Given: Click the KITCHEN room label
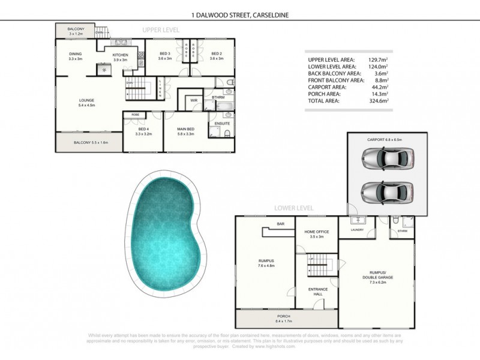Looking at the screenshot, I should click(x=121, y=55).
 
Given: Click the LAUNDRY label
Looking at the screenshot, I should click(x=358, y=229).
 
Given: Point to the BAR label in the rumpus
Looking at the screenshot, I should click(x=280, y=224).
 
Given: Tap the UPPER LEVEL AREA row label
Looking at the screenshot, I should click(x=331, y=60).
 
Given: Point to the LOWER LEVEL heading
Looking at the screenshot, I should click(x=294, y=208).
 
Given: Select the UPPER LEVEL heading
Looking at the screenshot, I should click(x=161, y=29).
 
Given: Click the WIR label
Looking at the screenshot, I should click(x=194, y=100).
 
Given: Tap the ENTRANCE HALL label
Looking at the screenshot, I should click(x=317, y=292).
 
